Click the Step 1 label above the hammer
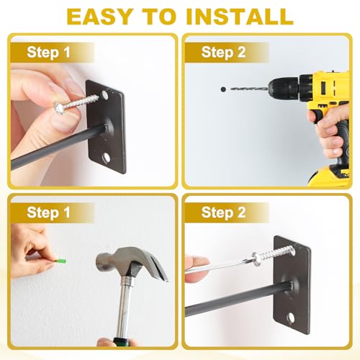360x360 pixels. [x=48, y=212]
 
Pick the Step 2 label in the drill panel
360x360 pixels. [x=223, y=52]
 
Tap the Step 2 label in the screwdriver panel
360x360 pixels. [x=223, y=212]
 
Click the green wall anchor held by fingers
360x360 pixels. [x=61, y=261]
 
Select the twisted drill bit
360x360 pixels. [x=249, y=89]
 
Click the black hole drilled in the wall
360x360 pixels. [x=223, y=89]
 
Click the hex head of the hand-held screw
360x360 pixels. [x=58, y=108]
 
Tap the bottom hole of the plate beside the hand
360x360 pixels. [x=106, y=158]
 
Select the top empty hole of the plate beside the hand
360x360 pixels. [x=104, y=94]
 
